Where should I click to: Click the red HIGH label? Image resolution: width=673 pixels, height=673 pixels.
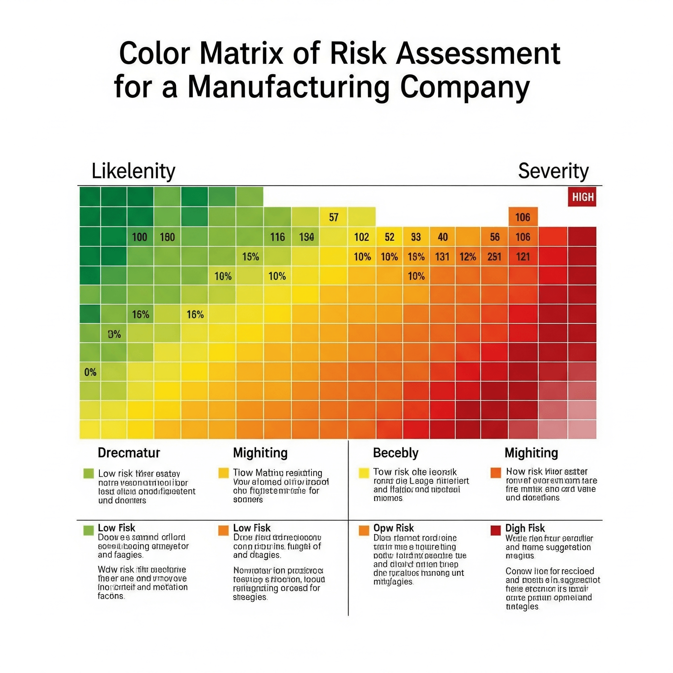click(x=582, y=197)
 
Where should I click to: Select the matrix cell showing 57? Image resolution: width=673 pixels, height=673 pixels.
click(x=333, y=217)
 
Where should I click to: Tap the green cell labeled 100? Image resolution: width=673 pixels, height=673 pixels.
click(x=140, y=237)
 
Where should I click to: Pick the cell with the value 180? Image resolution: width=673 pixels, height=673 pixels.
click(x=167, y=237)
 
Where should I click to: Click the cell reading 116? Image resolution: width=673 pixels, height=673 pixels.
click(x=277, y=237)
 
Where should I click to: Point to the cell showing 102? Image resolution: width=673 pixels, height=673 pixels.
click(x=361, y=237)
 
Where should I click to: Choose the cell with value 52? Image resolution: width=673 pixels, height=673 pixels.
click(x=389, y=237)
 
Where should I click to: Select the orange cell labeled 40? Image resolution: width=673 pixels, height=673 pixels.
click(x=442, y=237)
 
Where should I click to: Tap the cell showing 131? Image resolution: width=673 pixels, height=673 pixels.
click(x=442, y=257)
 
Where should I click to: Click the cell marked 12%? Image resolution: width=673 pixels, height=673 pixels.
click(x=468, y=257)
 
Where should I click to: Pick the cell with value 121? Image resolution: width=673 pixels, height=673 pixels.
click(x=523, y=257)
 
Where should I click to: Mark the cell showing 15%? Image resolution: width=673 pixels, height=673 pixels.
click(x=250, y=257)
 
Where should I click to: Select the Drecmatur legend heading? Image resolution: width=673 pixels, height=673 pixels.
click(x=129, y=453)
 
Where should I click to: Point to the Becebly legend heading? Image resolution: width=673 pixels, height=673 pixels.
click(x=396, y=453)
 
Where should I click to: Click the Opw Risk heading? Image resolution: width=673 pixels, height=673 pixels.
click(x=394, y=528)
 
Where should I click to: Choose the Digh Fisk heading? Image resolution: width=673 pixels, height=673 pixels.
click(x=525, y=528)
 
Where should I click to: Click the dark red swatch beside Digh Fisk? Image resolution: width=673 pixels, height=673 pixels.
click(x=495, y=530)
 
